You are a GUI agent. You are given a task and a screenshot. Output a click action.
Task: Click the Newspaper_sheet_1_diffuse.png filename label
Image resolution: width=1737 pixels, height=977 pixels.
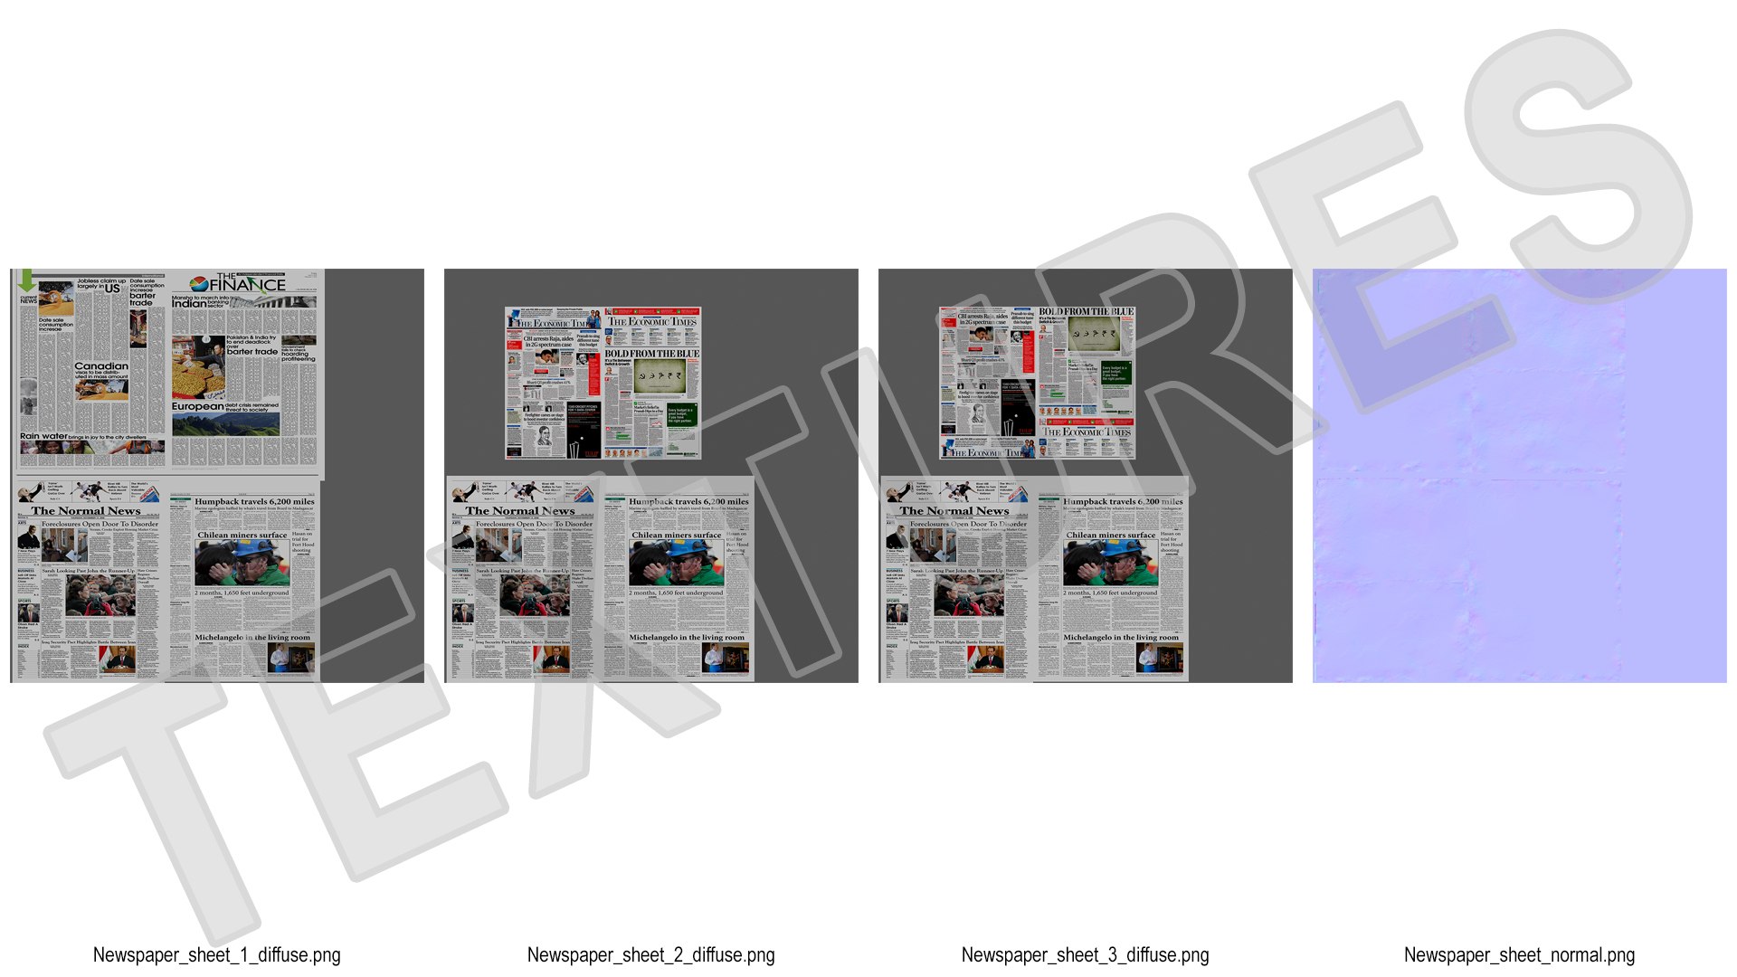click(216, 955)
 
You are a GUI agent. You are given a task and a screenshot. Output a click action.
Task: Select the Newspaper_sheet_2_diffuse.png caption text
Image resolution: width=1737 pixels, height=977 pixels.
click(650, 955)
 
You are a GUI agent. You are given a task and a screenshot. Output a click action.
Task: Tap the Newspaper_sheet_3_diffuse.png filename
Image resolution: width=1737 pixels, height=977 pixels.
click(1085, 955)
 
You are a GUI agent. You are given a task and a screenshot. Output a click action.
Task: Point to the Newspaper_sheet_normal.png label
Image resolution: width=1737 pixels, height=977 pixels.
click(1519, 955)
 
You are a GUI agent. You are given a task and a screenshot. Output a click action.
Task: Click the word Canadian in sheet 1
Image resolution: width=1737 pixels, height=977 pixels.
click(101, 366)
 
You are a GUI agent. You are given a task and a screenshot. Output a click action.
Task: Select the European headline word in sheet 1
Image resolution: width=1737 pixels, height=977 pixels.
click(197, 407)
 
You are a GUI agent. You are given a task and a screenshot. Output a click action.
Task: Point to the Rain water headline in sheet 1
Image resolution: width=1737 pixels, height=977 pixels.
click(43, 436)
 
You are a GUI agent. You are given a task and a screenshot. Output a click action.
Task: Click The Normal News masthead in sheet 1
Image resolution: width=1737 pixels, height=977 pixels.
click(86, 511)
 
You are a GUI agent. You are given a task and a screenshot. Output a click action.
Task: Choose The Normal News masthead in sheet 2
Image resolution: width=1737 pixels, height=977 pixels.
click(520, 511)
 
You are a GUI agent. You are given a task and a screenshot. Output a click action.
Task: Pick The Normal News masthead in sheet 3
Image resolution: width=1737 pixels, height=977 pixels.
click(954, 511)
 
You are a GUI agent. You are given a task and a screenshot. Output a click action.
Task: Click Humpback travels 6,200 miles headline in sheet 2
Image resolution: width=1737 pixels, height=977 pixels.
click(688, 501)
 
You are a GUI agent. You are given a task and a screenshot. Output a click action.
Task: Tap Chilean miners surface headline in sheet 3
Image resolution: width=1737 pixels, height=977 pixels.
click(1111, 535)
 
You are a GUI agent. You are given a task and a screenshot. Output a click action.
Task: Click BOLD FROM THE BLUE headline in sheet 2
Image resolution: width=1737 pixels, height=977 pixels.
click(651, 354)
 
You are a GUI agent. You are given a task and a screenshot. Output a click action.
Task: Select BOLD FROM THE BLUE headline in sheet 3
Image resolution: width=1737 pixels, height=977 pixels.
click(1086, 311)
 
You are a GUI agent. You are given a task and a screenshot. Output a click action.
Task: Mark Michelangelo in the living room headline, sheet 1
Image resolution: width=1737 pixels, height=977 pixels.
click(252, 638)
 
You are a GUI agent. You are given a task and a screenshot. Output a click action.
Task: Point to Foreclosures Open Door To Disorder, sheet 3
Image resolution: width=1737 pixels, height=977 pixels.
click(968, 524)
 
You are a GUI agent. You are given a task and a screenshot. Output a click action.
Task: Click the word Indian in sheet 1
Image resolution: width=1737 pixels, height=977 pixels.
click(189, 304)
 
